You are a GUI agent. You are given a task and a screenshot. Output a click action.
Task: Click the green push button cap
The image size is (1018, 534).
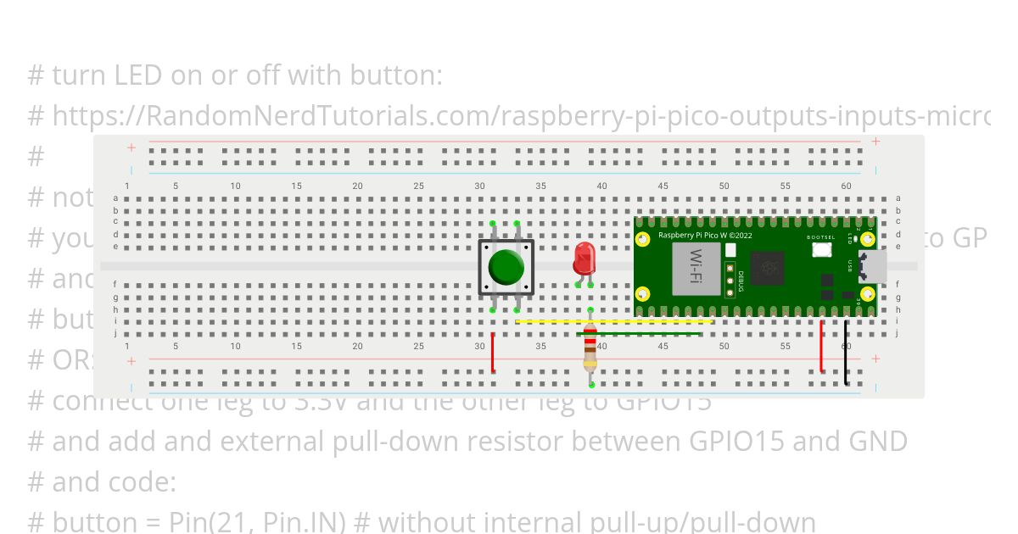(x=506, y=267)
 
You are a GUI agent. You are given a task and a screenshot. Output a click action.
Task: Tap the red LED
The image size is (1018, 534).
(x=584, y=257)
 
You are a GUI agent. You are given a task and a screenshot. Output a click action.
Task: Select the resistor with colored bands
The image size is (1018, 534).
(x=590, y=348)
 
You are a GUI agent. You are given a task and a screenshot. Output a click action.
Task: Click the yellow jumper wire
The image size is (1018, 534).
(x=614, y=322)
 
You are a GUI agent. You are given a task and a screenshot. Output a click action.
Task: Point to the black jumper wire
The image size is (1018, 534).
(x=846, y=353)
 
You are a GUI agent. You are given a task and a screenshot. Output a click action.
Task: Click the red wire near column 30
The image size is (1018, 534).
(x=493, y=353)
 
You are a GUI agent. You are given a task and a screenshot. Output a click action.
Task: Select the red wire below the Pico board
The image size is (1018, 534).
(x=821, y=346)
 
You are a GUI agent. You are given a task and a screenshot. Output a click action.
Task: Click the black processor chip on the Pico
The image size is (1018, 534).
(x=769, y=269)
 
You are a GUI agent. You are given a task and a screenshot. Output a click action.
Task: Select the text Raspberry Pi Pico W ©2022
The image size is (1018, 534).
(x=705, y=235)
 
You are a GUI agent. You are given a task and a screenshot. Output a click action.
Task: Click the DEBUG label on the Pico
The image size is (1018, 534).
(x=741, y=280)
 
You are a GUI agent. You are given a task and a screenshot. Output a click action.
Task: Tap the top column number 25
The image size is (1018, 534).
(x=419, y=186)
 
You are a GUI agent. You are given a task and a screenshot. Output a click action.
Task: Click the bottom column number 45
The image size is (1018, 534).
(x=663, y=346)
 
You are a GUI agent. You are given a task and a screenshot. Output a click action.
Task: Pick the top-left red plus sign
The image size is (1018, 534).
(x=131, y=147)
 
